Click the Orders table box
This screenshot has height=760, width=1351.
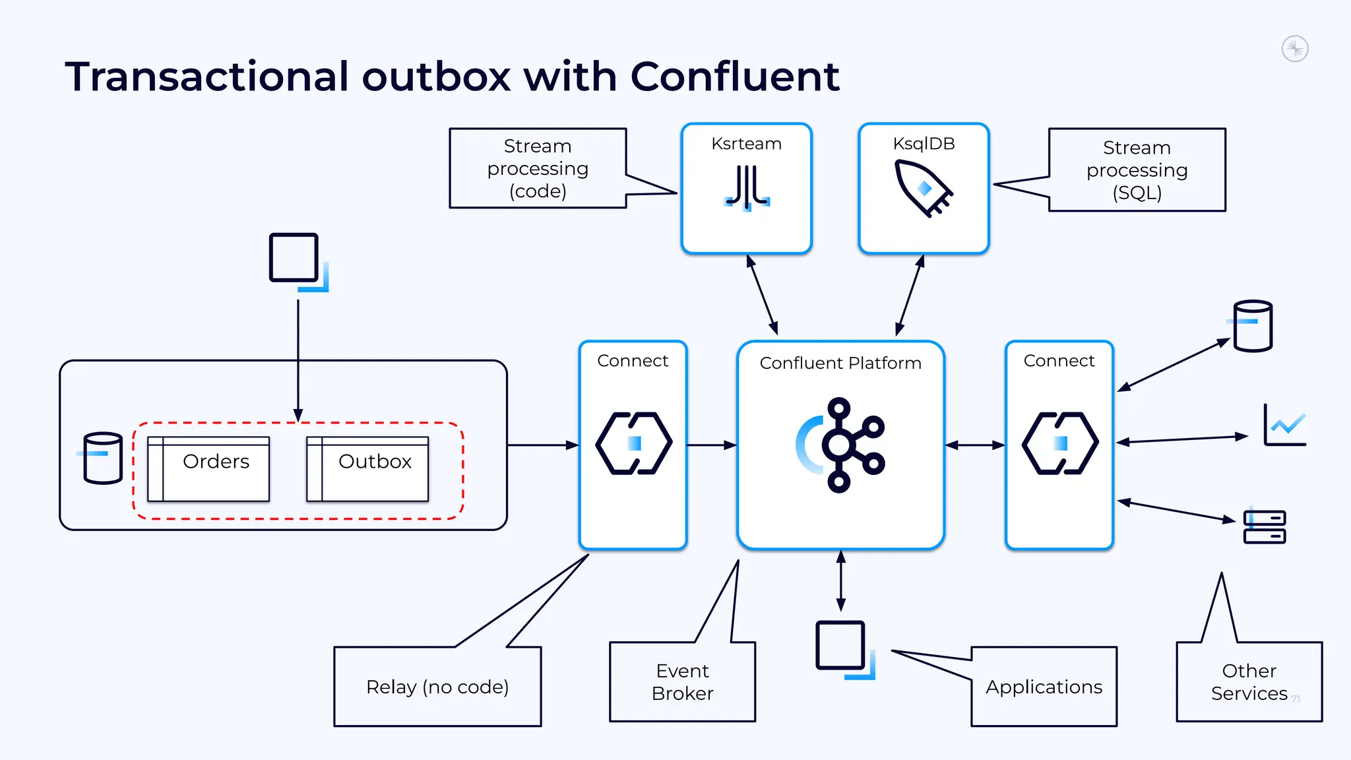coord(208,468)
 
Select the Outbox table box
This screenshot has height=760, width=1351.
coord(367,468)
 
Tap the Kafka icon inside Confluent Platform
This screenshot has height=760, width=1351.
coord(840,445)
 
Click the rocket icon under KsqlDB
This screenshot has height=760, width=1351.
coord(923,188)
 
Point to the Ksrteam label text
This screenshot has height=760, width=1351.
coord(746,144)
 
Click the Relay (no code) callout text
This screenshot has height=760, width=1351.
coord(437,687)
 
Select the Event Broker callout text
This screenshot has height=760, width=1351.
coord(682,682)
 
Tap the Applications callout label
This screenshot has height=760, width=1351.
coord(1044,687)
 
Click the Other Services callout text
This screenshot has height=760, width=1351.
coord(1249,682)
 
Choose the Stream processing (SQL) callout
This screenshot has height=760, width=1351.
coord(1137,170)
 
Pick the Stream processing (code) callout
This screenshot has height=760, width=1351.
coord(538,168)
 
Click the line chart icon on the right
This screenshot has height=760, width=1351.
coord(1284,426)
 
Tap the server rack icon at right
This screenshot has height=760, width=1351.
coord(1264,526)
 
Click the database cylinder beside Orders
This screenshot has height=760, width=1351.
coord(102,458)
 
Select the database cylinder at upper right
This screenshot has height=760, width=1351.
coord(1252,326)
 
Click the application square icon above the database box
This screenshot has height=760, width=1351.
coord(295,259)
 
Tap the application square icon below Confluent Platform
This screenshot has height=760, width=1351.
coord(841,646)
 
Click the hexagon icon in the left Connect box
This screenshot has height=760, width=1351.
coord(633,443)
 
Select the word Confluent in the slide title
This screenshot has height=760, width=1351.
coord(734,77)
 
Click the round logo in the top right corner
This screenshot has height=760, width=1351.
coord(1295,49)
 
